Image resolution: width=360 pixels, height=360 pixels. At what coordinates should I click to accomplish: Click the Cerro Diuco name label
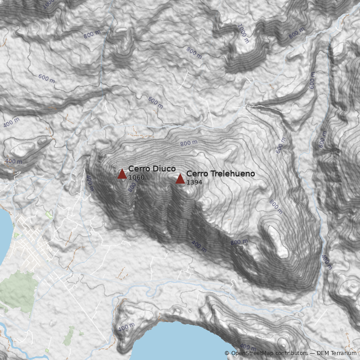point(152,169)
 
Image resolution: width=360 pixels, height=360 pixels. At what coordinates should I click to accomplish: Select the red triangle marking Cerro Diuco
point(122,174)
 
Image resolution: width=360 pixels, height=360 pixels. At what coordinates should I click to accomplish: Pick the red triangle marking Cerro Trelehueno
point(180,179)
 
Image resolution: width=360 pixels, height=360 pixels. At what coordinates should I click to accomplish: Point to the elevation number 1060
point(136,178)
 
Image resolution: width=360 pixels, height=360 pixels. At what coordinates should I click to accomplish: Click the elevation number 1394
point(194,182)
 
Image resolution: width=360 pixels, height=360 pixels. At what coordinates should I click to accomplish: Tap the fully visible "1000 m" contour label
point(243,33)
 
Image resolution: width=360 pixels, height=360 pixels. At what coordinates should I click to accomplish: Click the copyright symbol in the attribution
point(227,353)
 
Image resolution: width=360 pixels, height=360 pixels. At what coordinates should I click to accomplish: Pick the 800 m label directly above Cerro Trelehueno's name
point(189,143)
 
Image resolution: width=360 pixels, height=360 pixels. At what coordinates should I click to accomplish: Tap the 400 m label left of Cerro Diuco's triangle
point(89,183)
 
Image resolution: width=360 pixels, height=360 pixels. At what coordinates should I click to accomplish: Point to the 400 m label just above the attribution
point(247,346)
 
